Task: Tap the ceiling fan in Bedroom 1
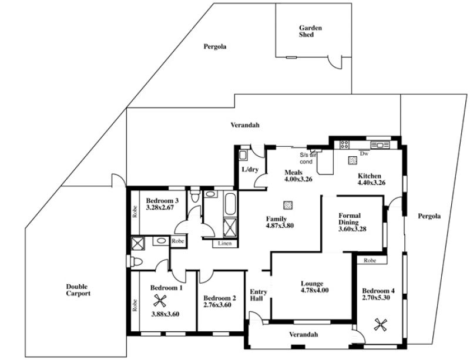coord(160,300)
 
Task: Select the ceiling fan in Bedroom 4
coord(381,325)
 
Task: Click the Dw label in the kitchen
coord(364,153)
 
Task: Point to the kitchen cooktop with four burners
coord(344,145)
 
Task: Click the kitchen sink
coord(380,145)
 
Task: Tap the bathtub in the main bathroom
coord(230,204)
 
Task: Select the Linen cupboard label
coord(225,243)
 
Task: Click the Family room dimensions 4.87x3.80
coord(280,226)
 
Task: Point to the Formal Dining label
coord(350,219)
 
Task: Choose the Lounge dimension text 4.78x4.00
coord(315,290)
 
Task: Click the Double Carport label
coord(78,290)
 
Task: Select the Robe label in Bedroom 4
coord(370,261)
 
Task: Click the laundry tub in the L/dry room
coord(243,155)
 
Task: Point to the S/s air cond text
coord(308,158)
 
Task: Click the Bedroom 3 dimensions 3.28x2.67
coord(160,207)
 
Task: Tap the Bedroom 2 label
coord(220,298)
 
